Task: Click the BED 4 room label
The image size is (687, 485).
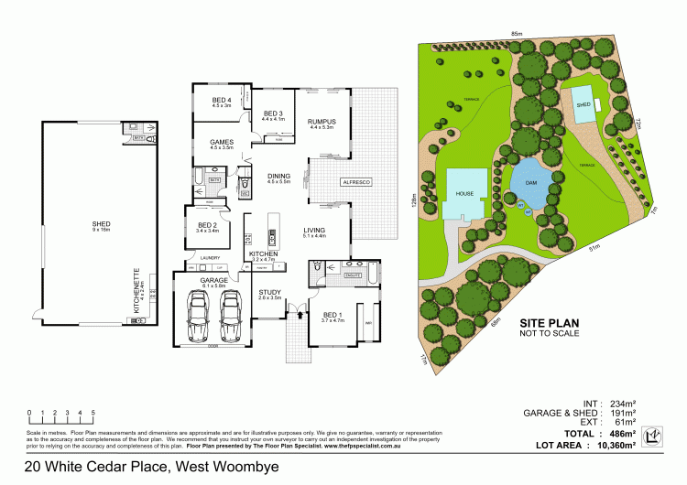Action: (x=221, y=101)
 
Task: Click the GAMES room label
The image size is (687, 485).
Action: (x=222, y=143)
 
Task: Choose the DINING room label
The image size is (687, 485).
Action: (x=278, y=177)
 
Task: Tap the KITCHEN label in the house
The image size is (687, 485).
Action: (x=264, y=253)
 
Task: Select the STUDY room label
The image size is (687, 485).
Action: (x=269, y=294)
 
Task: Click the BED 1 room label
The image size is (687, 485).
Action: (x=332, y=316)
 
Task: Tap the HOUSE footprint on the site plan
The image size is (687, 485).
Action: (x=465, y=193)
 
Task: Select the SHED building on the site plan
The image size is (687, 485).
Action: (x=581, y=104)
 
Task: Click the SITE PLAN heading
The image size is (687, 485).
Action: (x=550, y=324)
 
